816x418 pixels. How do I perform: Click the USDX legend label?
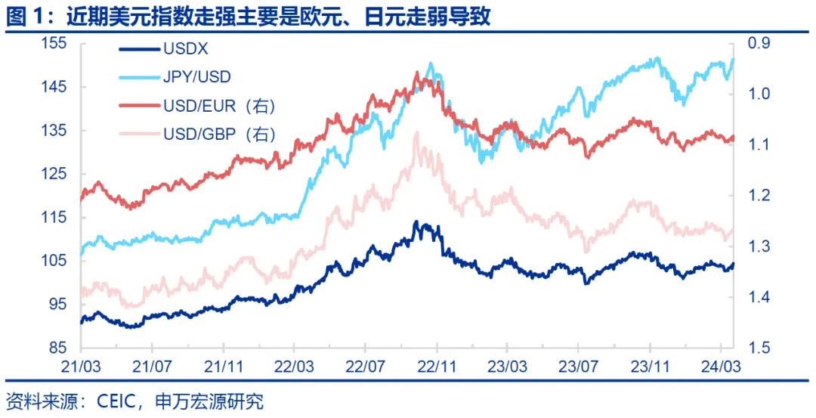tap(186, 50)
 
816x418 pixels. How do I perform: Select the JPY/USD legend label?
tap(197, 77)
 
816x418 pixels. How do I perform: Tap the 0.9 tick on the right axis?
tap(758, 44)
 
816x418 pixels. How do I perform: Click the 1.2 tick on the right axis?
tap(758, 196)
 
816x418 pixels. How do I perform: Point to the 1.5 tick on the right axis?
tap(758, 348)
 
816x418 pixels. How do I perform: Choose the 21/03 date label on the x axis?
tap(80, 365)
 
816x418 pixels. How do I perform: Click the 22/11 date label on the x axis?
tap(436, 365)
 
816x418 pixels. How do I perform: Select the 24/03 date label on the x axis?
tap(722, 365)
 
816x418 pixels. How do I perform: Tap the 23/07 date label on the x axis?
tap(578, 365)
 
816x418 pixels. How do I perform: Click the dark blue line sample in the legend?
tap(139, 50)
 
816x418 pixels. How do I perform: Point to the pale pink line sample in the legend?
tap(139, 134)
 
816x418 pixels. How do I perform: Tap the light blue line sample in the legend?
tap(139, 77)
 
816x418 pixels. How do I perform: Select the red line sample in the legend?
tap(139, 105)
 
